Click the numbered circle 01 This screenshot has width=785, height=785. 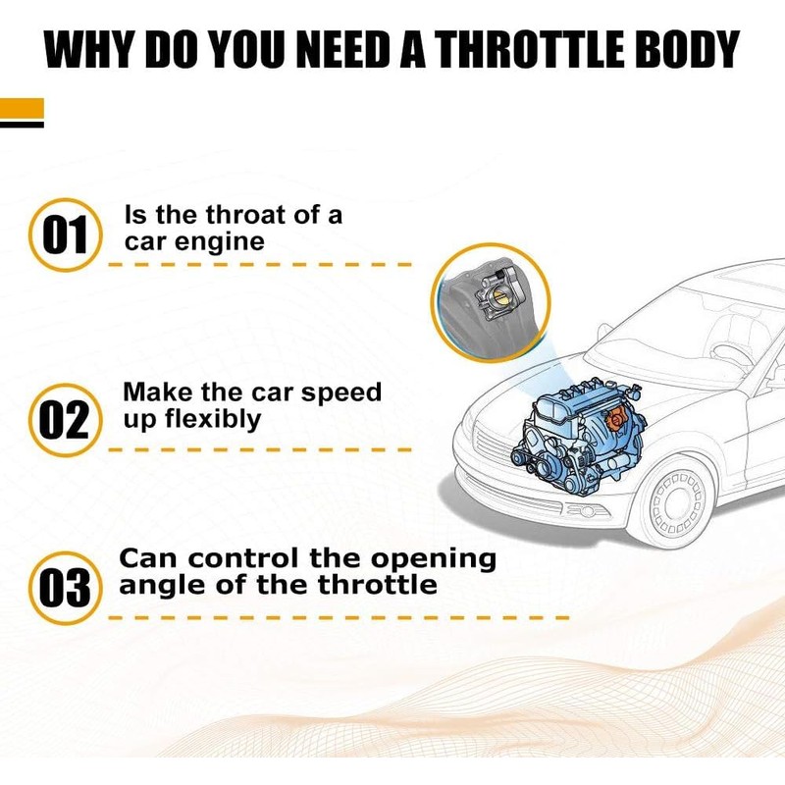coord(66,235)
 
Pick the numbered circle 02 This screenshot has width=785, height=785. coord(66,420)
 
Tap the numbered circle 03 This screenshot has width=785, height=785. coord(66,588)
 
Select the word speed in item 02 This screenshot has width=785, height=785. coord(340,393)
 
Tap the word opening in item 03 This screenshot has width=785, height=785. coord(433,560)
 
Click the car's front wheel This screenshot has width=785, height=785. coord(678,502)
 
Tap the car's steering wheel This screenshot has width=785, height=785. coord(730,354)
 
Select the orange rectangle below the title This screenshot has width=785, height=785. coord(22,109)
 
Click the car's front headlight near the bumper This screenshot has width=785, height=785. coord(587,511)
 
